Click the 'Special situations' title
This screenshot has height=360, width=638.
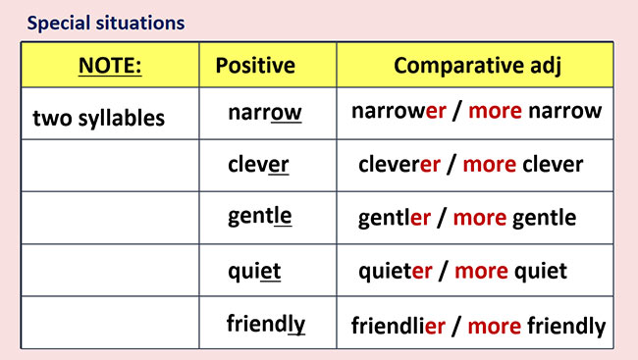(105, 22)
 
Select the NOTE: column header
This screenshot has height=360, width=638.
(109, 66)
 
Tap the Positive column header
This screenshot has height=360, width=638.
(255, 66)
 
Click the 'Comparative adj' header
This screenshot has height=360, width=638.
(475, 66)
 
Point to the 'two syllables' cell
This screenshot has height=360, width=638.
(98, 119)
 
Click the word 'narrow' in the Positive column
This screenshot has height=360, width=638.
(265, 113)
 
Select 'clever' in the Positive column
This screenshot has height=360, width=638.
(258, 164)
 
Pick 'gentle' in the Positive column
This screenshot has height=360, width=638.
(259, 217)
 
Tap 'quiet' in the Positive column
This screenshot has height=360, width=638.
(254, 270)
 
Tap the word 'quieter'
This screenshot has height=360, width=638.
(397, 270)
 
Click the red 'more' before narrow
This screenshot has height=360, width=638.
(496, 111)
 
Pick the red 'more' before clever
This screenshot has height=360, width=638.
(489, 164)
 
